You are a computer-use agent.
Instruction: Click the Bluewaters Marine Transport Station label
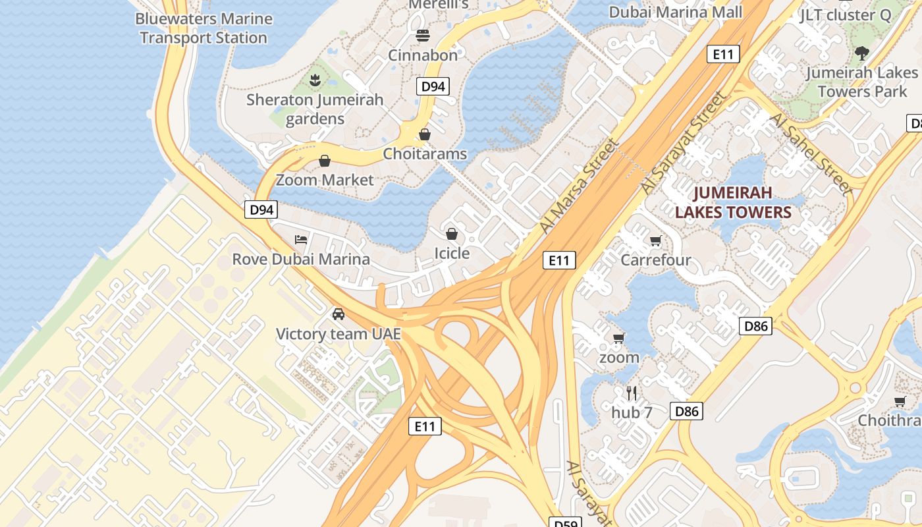pos(203,28)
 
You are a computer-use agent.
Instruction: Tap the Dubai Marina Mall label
pos(675,12)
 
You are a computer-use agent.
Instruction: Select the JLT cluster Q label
pos(845,14)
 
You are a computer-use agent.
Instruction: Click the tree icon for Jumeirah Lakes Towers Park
pos(861,53)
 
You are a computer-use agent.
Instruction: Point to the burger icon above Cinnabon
pos(422,35)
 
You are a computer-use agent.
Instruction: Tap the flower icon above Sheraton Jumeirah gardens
pos(315,80)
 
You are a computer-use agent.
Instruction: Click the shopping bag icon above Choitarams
pos(425,134)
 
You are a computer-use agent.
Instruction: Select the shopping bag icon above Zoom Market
pos(325,161)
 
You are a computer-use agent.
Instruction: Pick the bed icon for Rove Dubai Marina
pos(301,239)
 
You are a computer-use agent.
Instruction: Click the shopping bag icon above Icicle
pos(452,234)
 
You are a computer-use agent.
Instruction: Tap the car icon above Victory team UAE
pos(339,314)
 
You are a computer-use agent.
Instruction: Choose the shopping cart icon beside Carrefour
pos(655,240)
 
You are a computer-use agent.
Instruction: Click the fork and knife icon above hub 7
pos(632,393)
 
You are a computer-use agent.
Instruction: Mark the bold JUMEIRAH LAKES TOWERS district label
pos(733,203)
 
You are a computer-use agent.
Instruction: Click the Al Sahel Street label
pos(811,153)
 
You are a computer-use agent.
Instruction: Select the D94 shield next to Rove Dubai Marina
pos(261,210)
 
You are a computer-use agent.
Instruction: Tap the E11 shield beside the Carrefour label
pos(559,260)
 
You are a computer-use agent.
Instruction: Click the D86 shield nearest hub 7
pos(686,412)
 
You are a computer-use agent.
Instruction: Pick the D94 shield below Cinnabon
pos(433,86)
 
